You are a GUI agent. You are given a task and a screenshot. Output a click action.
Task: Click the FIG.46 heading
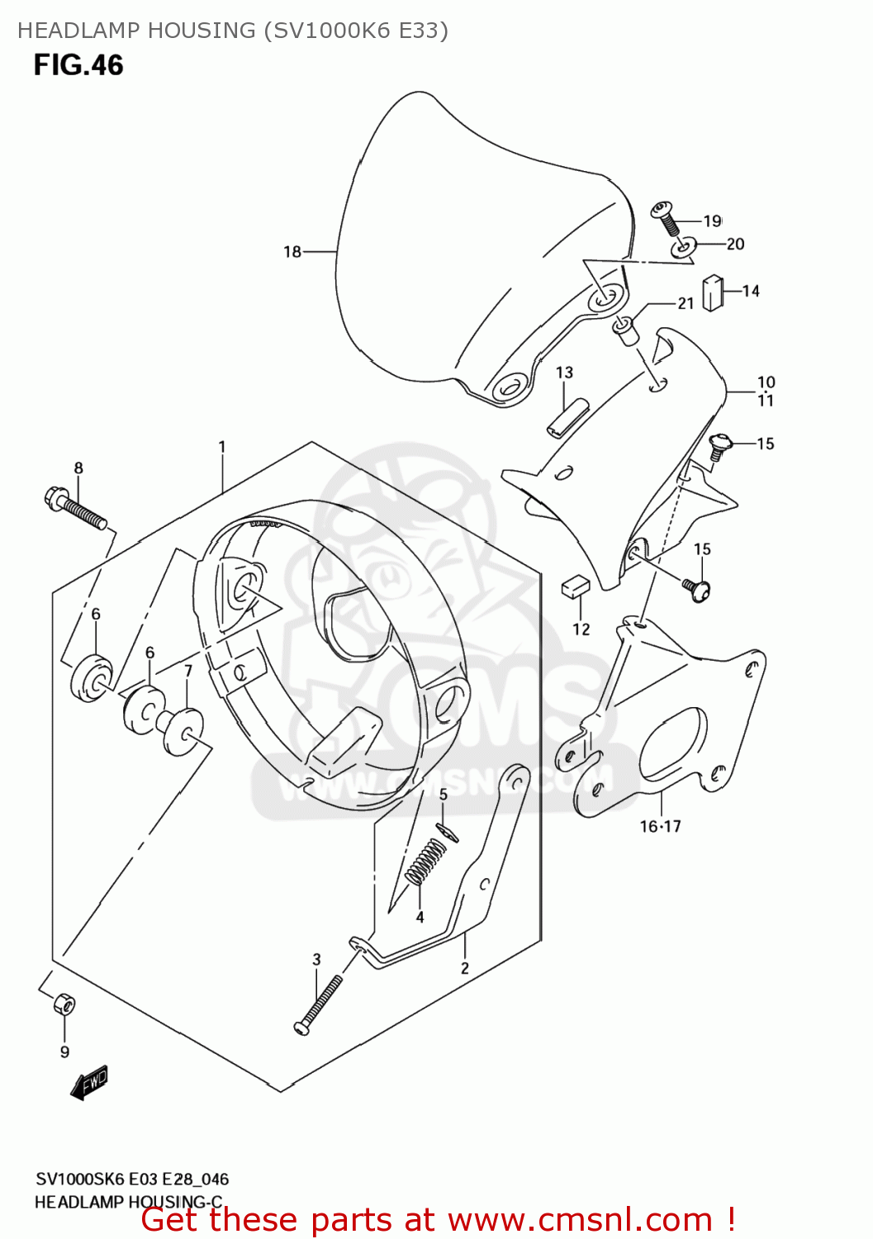coord(78,65)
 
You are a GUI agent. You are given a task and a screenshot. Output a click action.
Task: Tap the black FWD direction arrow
coord(89,1083)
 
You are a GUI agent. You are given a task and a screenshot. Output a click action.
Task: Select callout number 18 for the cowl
coord(292,252)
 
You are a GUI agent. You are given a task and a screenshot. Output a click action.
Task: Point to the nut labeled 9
coord(64,1005)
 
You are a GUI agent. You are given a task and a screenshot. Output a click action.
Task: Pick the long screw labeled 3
coord(318,1004)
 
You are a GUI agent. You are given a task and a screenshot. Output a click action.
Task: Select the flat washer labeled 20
coord(685,246)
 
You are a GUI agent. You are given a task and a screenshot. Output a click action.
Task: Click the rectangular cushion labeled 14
coord(712,293)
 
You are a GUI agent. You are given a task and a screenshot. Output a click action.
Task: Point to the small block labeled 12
coord(575,586)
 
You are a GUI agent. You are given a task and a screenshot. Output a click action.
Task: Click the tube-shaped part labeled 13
coord(567,417)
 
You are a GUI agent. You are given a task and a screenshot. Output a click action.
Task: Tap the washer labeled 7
coord(181,729)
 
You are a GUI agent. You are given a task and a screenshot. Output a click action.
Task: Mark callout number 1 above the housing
coord(221,447)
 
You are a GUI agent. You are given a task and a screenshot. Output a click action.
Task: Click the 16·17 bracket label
coord(660,826)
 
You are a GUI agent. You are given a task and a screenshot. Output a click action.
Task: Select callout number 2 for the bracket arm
coord(465,968)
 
